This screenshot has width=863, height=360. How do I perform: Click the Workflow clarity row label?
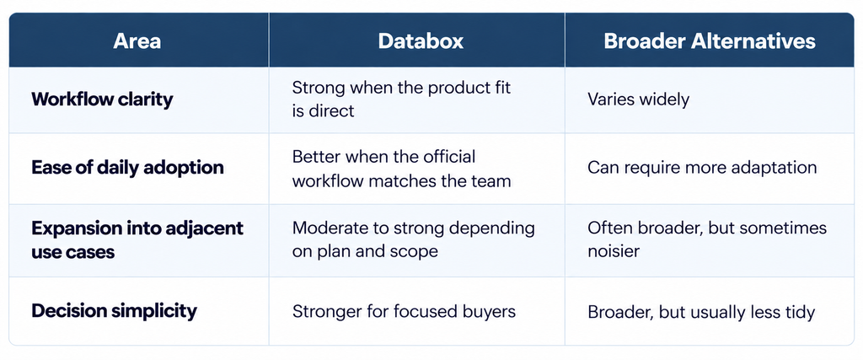(x=102, y=99)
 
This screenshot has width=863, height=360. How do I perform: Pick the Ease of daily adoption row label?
(x=128, y=167)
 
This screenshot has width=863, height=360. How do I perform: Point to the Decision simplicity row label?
(x=114, y=311)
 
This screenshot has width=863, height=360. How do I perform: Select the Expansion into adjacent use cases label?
(x=137, y=240)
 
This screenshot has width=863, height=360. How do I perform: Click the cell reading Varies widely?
(x=639, y=99)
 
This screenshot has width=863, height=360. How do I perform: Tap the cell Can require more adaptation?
(x=702, y=167)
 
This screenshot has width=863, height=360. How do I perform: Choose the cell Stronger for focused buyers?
(x=404, y=312)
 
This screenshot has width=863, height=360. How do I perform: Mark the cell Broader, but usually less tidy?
(x=701, y=312)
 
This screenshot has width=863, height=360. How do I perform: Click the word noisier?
(x=614, y=251)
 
